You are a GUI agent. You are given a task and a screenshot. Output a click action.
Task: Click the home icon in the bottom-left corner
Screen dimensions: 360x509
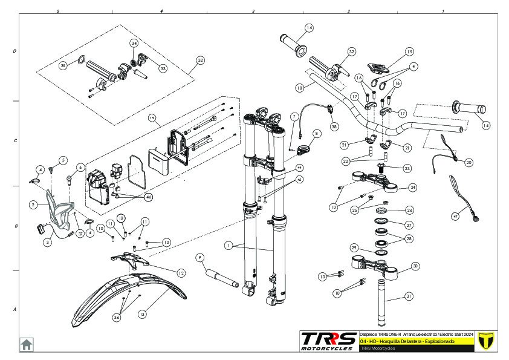pyautogui.click(x=27, y=344)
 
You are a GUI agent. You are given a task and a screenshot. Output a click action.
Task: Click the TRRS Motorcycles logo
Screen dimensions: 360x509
pyautogui.click(x=328, y=341)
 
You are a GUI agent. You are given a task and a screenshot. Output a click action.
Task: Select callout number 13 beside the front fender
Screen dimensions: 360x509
pyautogui.click(x=142, y=315)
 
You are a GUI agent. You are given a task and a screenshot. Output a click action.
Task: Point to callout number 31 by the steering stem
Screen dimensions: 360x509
pyautogui.click(x=409, y=296)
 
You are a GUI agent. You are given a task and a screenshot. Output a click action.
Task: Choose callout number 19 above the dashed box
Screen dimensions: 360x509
pyautogui.click(x=152, y=117)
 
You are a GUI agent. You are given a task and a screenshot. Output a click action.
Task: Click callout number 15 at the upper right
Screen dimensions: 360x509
pyautogui.click(x=409, y=52)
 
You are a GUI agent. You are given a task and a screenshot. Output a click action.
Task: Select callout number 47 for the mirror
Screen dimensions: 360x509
pyautogui.click(x=456, y=216)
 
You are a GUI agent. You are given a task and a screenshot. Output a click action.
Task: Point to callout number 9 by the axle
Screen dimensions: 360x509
pyautogui.click(x=199, y=257)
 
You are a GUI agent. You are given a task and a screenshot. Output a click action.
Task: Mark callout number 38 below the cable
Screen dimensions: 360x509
pyautogui.click(x=334, y=127)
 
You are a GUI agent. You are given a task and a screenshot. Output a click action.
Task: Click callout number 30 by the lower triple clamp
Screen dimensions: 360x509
pyautogui.click(x=415, y=266)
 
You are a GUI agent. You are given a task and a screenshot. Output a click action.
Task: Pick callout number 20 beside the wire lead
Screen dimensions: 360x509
pyautogui.click(x=469, y=162)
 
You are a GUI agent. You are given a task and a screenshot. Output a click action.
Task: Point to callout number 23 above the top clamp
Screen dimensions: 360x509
pyautogui.click(x=407, y=169)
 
